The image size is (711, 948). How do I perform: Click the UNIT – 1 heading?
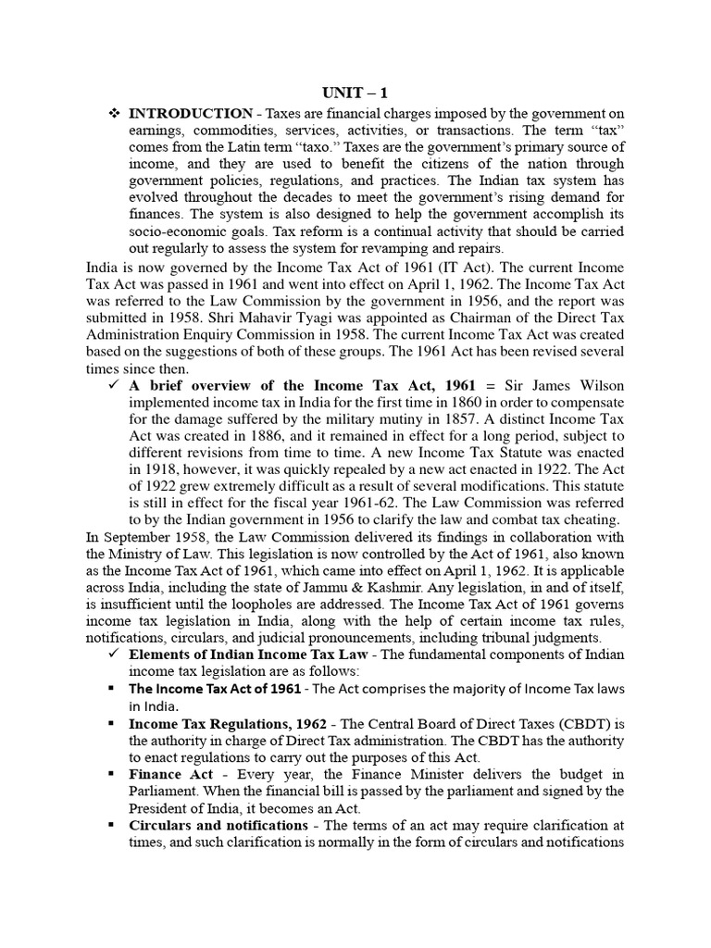point(355,94)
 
